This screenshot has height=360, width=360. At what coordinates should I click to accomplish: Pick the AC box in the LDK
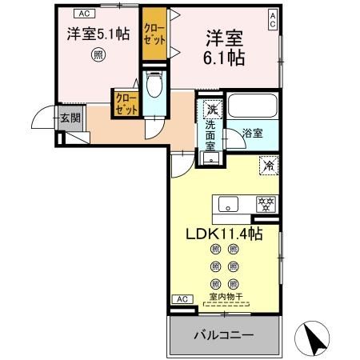point(182,298)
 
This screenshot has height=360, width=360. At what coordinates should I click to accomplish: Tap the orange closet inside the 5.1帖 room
point(126,105)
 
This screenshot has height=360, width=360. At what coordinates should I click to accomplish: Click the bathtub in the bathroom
point(252,106)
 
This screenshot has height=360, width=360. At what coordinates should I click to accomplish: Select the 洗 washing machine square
point(212,109)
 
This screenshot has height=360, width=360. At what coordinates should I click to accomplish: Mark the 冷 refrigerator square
point(269,166)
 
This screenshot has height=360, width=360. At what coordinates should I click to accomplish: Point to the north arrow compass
point(318,337)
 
